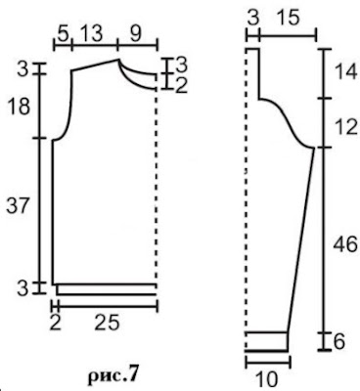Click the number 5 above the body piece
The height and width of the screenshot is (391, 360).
click(64, 34)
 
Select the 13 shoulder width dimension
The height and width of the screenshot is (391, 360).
click(91, 33)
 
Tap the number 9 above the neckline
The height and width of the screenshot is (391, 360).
click(136, 34)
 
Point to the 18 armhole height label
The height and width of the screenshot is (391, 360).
click(19, 107)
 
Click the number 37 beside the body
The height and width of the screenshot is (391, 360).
click(19, 206)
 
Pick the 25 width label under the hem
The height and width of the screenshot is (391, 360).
click(108, 324)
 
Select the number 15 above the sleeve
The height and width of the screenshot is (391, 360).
click(288, 19)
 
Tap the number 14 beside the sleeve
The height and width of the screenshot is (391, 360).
click(346, 72)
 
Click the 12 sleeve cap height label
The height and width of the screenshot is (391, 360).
click(346, 127)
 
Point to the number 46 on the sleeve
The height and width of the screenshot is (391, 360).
click(345, 244)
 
